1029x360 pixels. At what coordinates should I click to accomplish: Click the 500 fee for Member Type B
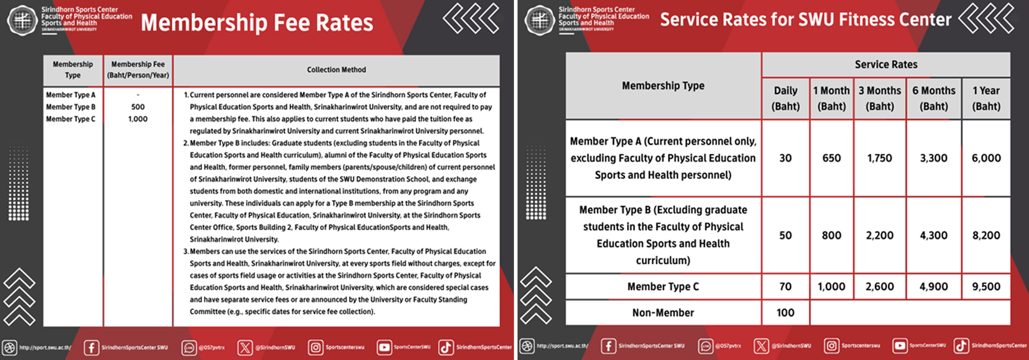[138, 107]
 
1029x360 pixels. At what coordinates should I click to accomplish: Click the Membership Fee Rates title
[257, 22]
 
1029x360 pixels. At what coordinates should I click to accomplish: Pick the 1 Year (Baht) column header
[986, 98]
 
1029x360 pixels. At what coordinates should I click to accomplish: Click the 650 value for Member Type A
[831, 158]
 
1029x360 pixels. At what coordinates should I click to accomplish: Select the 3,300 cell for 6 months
[933, 158]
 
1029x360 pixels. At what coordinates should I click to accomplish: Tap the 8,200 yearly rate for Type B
[986, 235]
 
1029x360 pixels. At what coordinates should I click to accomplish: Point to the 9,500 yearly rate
[986, 286]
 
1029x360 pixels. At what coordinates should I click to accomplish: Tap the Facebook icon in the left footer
[92, 347]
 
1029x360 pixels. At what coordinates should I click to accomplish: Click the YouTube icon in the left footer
[384, 347]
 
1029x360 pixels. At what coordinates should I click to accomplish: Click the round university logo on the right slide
[539, 20]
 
